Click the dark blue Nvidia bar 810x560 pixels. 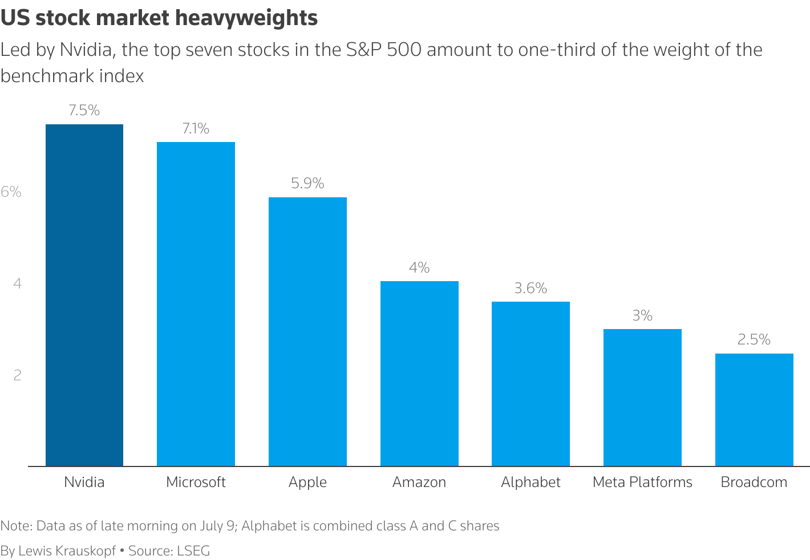pyautogui.click(x=84, y=295)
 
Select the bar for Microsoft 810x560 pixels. pyautogui.click(x=196, y=304)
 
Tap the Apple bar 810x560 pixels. pyautogui.click(x=307, y=331)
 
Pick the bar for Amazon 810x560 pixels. pyautogui.click(x=419, y=374)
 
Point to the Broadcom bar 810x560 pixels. pyautogui.click(x=754, y=409)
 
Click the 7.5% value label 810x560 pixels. pyautogui.click(x=84, y=111)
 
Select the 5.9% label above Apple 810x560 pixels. pyautogui.click(x=307, y=184)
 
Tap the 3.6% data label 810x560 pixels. pyautogui.click(x=530, y=289)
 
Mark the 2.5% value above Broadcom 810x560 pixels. pyautogui.click(x=754, y=340)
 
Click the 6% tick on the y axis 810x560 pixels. pyautogui.click(x=11, y=192)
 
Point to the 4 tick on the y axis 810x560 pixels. pyautogui.click(x=17, y=283)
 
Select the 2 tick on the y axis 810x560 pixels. pyautogui.click(x=17, y=375)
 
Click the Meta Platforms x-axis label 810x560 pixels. pyautogui.click(x=642, y=482)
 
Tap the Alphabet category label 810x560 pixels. pyautogui.click(x=530, y=482)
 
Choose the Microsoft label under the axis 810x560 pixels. pyautogui.click(x=196, y=482)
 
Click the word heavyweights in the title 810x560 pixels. pyautogui.click(x=246, y=18)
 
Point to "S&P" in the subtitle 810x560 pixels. pyautogui.click(x=364, y=50)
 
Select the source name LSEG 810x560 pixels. pyautogui.click(x=193, y=551)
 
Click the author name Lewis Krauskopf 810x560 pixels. pyautogui.click(x=67, y=551)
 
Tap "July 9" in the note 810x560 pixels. pyautogui.click(x=216, y=526)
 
